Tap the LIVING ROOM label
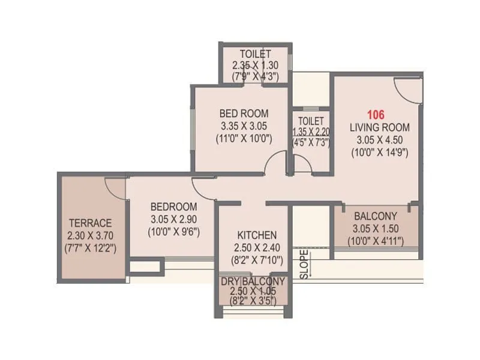pos(380,127)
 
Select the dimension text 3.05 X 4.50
pos(380,140)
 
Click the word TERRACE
pos(90,222)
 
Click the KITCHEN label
pos(257,235)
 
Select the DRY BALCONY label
pos(252,281)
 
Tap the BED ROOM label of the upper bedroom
pos(244,113)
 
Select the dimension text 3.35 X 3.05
pos(244,126)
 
